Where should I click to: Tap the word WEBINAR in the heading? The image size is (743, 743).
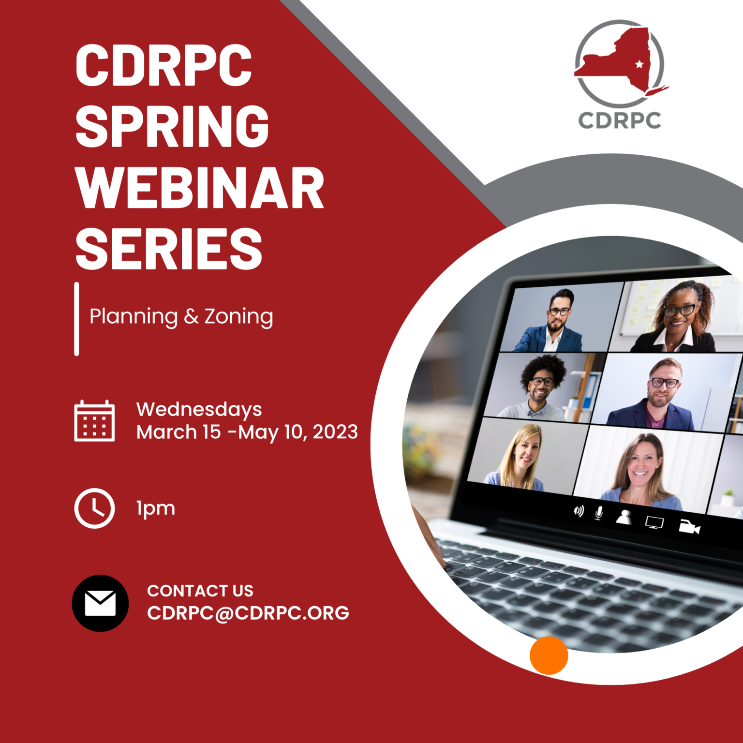pos(199,188)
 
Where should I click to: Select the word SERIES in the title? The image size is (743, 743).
pos(169,249)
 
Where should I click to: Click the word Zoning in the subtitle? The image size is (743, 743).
pos(238,317)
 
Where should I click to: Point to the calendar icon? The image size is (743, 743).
pos(94,421)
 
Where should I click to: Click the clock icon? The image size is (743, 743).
pos(94,508)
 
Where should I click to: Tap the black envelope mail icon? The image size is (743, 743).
pos(100,603)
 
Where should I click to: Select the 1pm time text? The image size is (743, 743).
pos(156,508)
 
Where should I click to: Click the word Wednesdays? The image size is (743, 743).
pos(199,409)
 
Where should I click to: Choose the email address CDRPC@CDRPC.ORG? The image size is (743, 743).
pos(248,613)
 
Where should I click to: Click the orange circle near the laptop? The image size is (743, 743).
pos(549,655)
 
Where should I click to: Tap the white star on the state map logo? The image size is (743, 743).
pos(639,64)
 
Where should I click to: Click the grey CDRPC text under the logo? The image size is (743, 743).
pos(620,120)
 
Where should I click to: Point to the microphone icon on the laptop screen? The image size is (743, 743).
pos(599,513)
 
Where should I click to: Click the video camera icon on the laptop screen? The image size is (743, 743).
pos(689,527)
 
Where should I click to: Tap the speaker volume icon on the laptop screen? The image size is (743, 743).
pos(579,511)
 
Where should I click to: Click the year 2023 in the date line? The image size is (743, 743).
pos(335,432)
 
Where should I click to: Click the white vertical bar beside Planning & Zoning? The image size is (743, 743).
pos(76,319)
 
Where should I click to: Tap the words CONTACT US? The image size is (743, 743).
pos(200,591)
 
